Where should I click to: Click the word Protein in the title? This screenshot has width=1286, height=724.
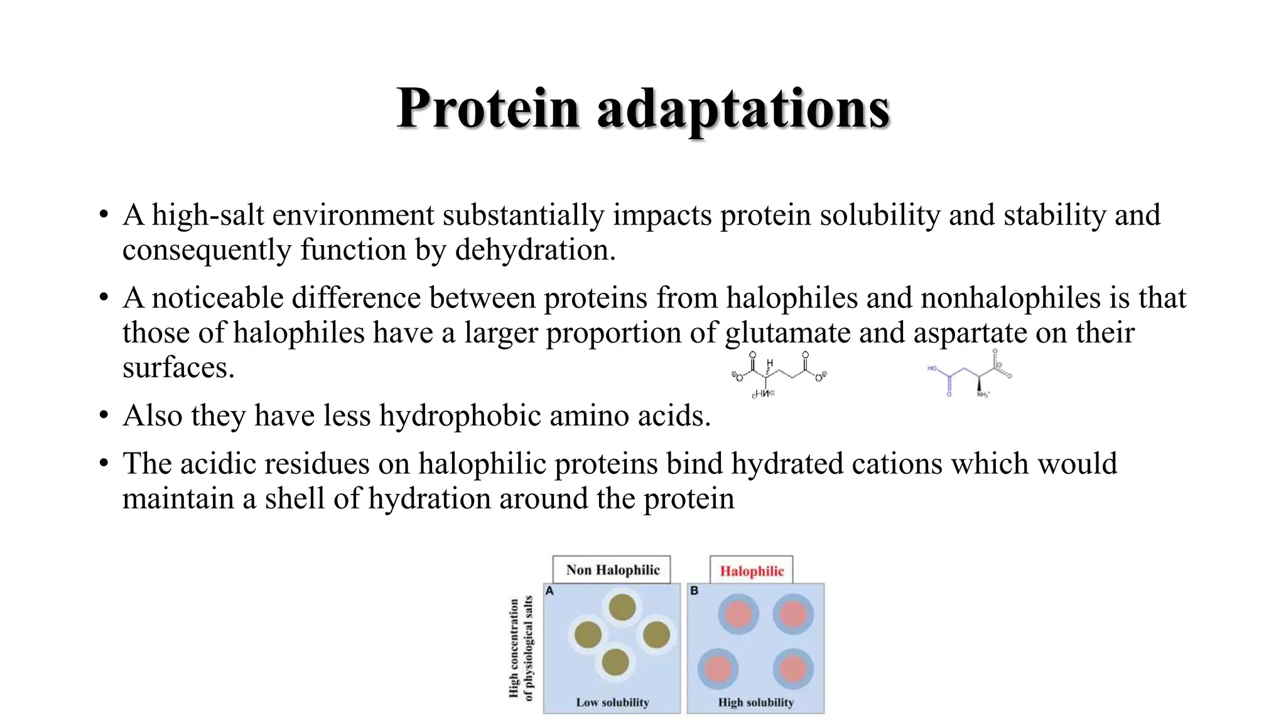click(x=487, y=108)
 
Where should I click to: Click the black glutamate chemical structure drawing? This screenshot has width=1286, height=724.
click(x=779, y=375)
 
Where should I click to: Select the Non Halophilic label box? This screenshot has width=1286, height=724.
click(x=612, y=570)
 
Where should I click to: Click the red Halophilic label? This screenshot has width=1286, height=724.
click(x=752, y=571)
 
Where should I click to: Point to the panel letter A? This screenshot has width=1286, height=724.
click(x=549, y=591)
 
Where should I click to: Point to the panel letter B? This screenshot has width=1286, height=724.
click(x=694, y=591)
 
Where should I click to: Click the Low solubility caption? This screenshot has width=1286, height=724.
click(x=612, y=702)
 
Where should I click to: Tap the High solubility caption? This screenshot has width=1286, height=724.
click(x=756, y=702)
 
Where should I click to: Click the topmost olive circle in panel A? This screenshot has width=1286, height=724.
click(x=622, y=607)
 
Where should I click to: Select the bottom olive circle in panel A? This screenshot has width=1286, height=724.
click(x=615, y=662)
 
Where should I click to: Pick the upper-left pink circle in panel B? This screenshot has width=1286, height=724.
click(x=738, y=614)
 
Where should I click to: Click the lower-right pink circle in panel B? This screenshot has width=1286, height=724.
click(x=792, y=668)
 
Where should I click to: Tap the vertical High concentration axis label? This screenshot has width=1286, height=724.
click(x=521, y=648)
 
